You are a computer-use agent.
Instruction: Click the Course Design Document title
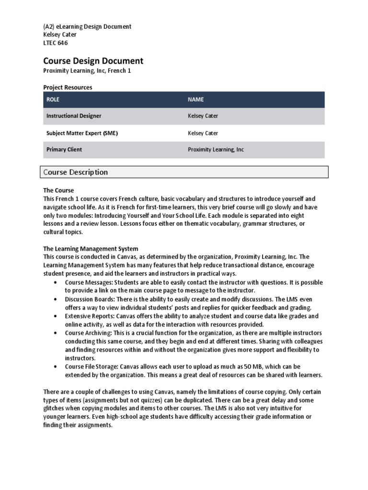93,61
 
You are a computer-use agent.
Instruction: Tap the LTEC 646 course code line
56,43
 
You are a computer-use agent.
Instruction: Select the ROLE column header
53,100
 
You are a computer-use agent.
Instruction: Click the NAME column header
195,100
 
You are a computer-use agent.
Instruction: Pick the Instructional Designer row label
74,116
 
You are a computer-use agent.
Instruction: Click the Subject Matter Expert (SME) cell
82,133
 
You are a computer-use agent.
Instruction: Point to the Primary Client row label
64,149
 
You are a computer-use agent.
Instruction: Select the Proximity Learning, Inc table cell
216,149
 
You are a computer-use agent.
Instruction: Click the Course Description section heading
76,172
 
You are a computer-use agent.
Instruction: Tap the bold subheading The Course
58,190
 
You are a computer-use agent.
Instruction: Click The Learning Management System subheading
91,249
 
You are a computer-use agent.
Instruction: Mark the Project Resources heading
68,88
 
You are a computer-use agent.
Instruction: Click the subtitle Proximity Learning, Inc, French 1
87,71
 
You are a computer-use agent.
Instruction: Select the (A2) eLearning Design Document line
87,26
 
